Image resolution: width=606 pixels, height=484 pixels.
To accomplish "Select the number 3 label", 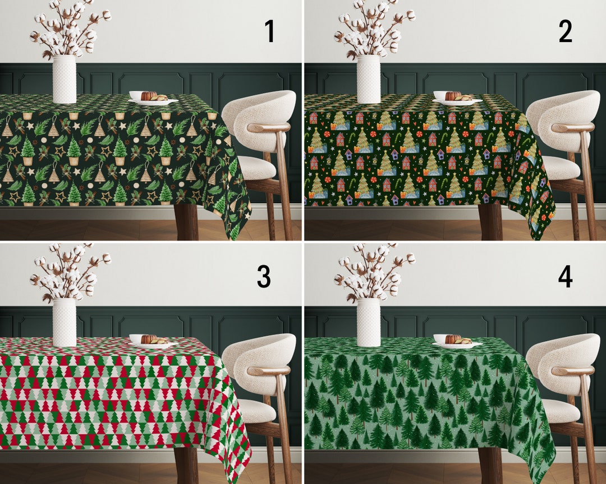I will [264, 276].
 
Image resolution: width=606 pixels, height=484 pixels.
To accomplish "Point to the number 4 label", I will [565, 276].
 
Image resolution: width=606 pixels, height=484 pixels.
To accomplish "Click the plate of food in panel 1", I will [153, 99].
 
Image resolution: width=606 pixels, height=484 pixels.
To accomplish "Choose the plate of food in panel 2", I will [457, 99].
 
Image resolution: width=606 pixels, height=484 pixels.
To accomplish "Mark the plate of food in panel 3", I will [153, 342].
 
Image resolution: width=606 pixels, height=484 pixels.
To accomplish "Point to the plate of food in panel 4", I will [457, 342].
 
